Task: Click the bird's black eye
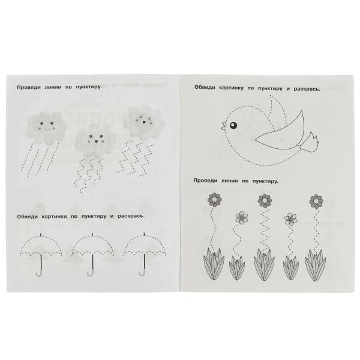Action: (x=233, y=125)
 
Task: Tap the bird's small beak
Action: (x=223, y=126)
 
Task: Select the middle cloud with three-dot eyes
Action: (x=95, y=141)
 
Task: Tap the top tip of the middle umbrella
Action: (x=92, y=235)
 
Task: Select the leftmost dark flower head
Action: (x=214, y=200)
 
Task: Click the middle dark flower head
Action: (x=265, y=201)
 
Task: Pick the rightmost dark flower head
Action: (x=316, y=202)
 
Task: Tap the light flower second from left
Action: (x=242, y=217)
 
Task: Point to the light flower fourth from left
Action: (x=290, y=219)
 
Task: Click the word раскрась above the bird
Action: (x=307, y=89)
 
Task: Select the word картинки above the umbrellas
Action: (x=55, y=217)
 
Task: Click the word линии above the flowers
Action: (x=230, y=181)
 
